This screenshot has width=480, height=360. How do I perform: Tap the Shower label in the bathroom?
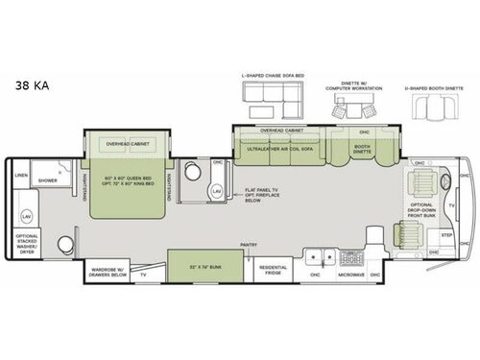click(x=46, y=179)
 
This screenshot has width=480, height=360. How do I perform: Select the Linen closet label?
click(x=21, y=176)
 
